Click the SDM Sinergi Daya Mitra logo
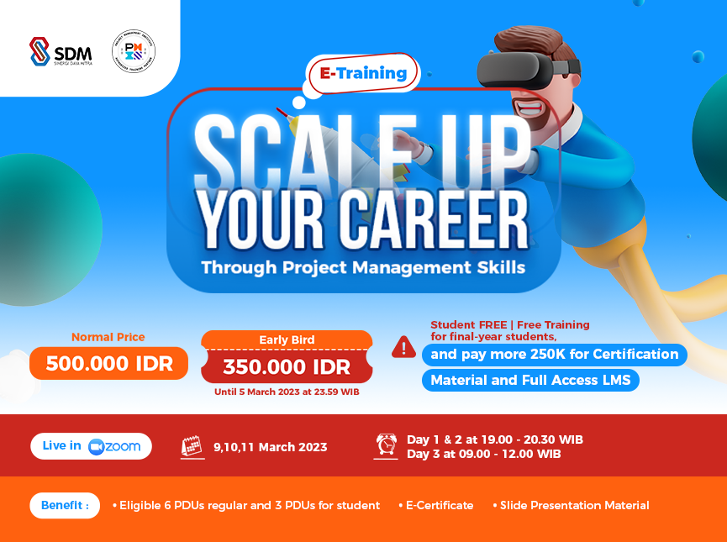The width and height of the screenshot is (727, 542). pyautogui.click(x=61, y=51)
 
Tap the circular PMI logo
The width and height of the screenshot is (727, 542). pyautogui.click(x=134, y=50)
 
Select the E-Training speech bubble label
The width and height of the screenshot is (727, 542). pyautogui.click(x=363, y=73)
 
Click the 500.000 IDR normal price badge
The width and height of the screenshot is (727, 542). pyautogui.click(x=108, y=364)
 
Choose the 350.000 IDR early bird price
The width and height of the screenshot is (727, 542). pyautogui.click(x=286, y=366)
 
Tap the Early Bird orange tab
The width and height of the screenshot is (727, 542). pyautogui.click(x=287, y=340)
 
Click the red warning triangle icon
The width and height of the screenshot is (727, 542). pyautogui.click(x=403, y=346)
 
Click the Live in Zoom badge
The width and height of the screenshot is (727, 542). pyautogui.click(x=92, y=446)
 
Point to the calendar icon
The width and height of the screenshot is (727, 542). pyautogui.click(x=192, y=446)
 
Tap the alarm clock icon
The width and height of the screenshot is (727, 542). pyautogui.click(x=387, y=445)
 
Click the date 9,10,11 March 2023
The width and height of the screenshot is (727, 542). pyautogui.click(x=270, y=447)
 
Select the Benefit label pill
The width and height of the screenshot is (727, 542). pyautogui.click(x=65, y=506)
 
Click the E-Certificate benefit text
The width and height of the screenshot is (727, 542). pyautogui.click(x=440, y=506)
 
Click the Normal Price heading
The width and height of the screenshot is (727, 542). pyautogui.click(x=108, y=337)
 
